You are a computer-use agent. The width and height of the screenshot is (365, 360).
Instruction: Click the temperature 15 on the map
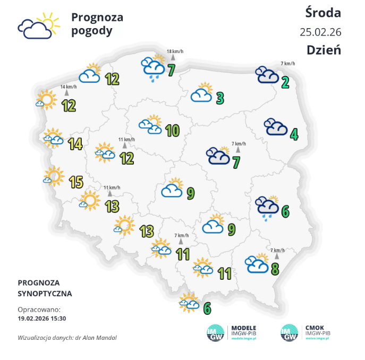[75, 182]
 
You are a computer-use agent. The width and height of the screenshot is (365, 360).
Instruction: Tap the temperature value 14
[75, 143]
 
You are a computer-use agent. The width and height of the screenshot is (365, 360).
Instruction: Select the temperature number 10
[172, 130]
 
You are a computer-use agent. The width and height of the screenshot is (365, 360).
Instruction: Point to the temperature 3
[220, 98]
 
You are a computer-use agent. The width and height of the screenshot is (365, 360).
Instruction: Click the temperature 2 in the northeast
[285, 82]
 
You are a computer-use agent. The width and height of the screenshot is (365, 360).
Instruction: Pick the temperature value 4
[294, 134]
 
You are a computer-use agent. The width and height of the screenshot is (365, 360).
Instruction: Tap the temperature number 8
[275, 269]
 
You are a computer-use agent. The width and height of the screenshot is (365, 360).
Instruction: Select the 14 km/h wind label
[68, 87]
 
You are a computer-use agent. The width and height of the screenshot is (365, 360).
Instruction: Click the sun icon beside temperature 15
[54, 176]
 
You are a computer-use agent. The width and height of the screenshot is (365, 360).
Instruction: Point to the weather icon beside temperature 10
[151, 124]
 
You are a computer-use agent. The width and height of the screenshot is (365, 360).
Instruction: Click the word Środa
[323, 12]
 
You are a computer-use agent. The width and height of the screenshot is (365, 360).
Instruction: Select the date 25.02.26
[320, 31]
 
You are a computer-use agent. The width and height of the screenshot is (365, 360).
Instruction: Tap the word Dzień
[323, 50]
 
